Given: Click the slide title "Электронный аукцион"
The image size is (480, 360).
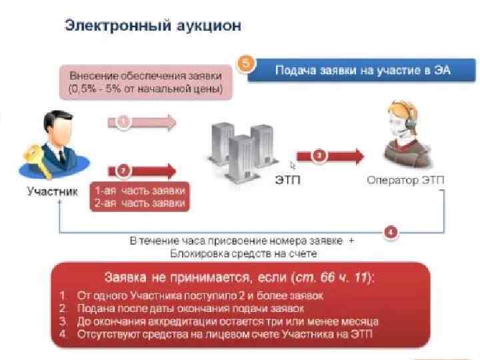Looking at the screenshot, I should click(153, 26).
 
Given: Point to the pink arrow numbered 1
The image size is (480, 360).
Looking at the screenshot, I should click(141, 123).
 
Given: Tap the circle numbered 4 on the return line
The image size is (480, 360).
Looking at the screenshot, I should click(391, 232).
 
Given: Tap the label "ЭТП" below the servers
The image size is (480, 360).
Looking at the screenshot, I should click(287, 181).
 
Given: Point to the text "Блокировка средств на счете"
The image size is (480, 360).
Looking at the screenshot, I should click(241, 254).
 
